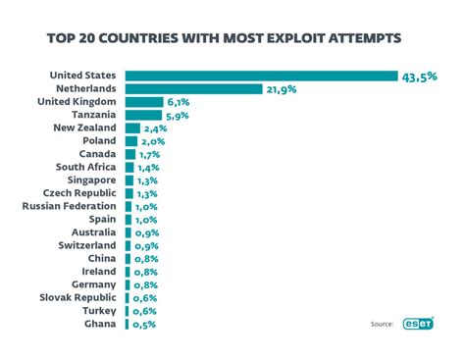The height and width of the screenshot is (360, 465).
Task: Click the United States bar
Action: (261, 76)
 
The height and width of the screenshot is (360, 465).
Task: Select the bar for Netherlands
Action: (194, 88)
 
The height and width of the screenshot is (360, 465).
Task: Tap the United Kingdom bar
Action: (144, 102)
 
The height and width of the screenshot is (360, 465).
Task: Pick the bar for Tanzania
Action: (143, 115)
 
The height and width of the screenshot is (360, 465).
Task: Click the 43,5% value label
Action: (418, 76)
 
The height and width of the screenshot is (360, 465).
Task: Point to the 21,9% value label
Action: (280, 88)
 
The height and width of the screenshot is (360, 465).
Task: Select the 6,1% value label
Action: (179, 102)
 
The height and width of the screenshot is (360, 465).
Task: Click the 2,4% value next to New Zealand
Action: (155, 128)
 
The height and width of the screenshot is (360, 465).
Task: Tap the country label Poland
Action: (99, 140)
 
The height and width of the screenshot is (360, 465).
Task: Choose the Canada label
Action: (97, 154)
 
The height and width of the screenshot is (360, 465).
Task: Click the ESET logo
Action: (418, 323)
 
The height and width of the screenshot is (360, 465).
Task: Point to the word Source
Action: (383, 324)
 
